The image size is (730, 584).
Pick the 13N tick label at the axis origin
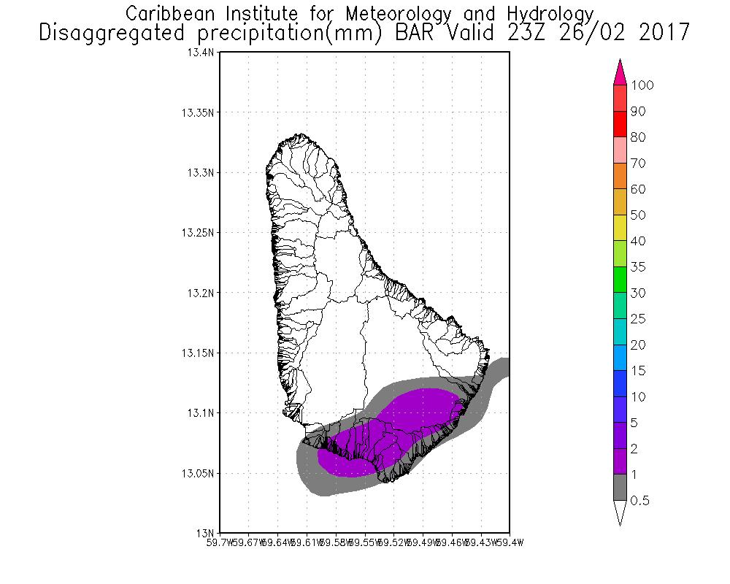click(207, 532)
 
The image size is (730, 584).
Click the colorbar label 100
click(642, 85)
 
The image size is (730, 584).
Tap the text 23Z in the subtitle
click(531, 33)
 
